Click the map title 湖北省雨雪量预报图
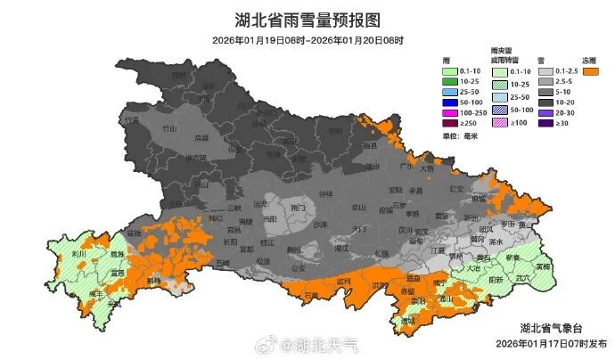pos(307,20)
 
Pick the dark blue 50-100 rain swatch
pos(454,104)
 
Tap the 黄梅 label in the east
pos(542,266)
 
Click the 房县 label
pos(201,138)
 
